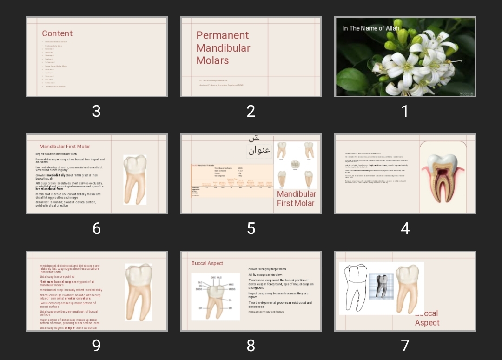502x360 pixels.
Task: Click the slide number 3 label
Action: pyautogui.click(x=96, y=111)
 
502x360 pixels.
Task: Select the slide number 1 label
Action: pyautogui.click(x=405, y=111)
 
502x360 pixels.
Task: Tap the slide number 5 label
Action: pyautogui.click(x=251, y=228)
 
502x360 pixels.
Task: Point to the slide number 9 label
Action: pyautogui.click(x=96, y=346)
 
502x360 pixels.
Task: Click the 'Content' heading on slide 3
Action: pyautogui.click(x=57, y=33)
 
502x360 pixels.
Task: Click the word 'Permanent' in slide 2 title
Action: pyautogui.click(x=222, y=35)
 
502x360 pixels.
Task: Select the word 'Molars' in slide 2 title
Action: pyautogui.click(x=212, y=60)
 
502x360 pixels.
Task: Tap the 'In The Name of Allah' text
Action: pyautogui.click(x=370, y=28)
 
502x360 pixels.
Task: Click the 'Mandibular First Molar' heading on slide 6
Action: pyautogui.click(x=65, y=147)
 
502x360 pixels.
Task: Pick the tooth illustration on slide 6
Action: pyautogui.click(x=135, y=180)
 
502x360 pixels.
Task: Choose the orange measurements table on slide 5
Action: pyautogui.click(x=232, y=181)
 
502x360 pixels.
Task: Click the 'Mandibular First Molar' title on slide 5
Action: pyautogui.click(x=296, y=199)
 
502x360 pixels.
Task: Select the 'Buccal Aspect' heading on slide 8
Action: pyautogui.click(x=207, y=263)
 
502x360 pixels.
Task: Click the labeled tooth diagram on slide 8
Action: pyautogui.click(x=215, y=296)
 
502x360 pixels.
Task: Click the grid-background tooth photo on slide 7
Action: pyautogui.click(x=381, y=286)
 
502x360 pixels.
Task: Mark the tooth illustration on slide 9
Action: pyautogui.click(x=139, y=292)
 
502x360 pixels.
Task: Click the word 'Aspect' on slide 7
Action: pyautogui.click(x=427, y=323)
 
